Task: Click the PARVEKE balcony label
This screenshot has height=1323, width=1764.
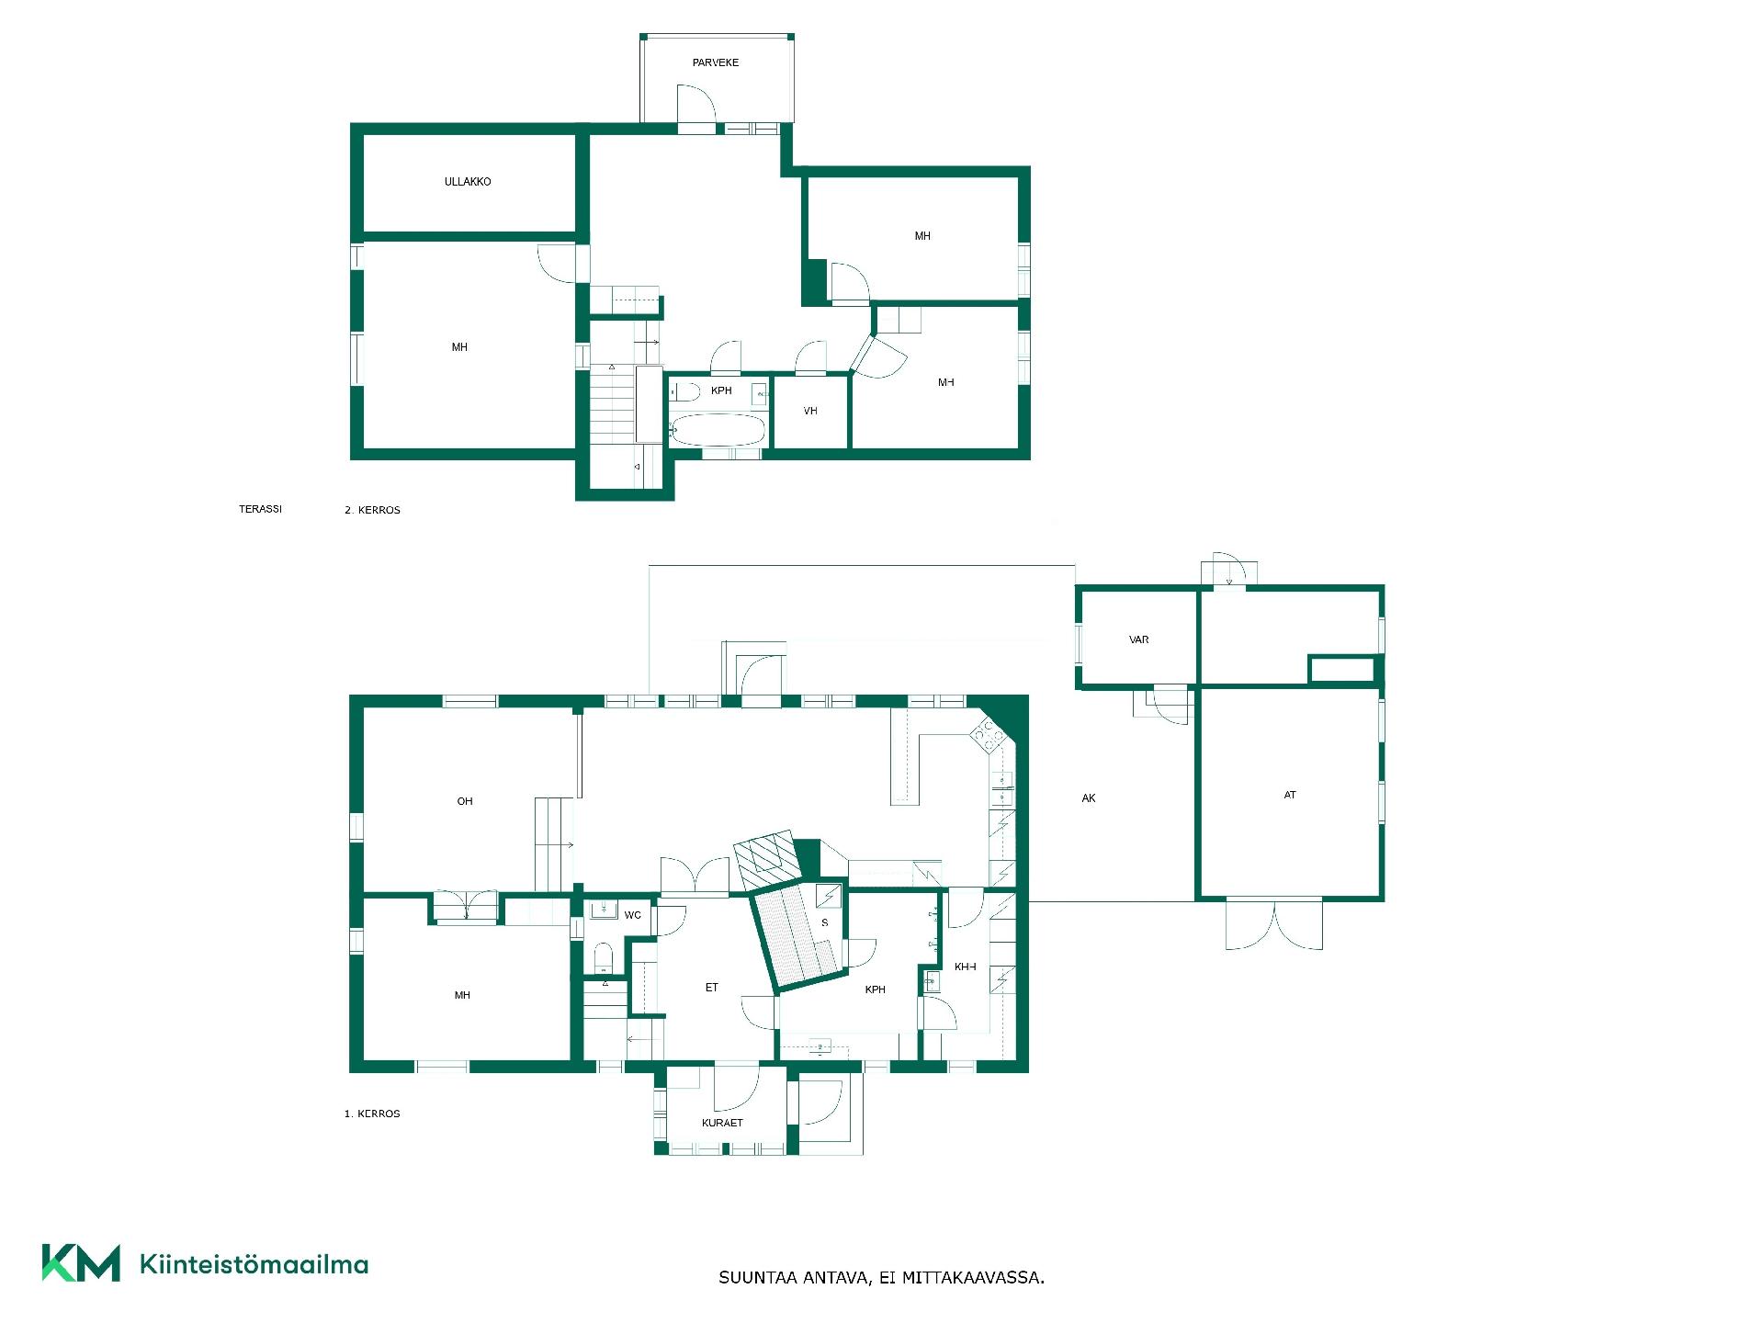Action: (716, 62)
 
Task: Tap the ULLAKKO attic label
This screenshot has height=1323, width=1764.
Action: (468, 182)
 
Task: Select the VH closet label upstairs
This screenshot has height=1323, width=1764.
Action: (810, 411)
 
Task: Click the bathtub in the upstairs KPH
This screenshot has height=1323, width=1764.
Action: (718, 429)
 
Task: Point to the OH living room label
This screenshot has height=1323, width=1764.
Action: (465, 801)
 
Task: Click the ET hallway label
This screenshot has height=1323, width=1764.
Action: (711, 988)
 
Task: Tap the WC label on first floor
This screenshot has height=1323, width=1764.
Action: (632, 915)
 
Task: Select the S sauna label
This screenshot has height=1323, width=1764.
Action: (824, 922)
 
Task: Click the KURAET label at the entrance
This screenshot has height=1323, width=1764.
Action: (722, 1123)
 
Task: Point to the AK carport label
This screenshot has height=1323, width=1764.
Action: (1089, 798)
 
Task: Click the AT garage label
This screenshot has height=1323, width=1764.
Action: (1290, 795)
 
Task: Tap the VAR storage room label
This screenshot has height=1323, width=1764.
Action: (1139, 639)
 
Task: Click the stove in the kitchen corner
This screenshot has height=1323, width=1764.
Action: (988, 736)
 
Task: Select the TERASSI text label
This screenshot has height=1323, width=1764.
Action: (260, 508)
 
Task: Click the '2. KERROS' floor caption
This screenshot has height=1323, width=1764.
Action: (372, 510)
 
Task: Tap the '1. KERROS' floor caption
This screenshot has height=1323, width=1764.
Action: (372, 1114)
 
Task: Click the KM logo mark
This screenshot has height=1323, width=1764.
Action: (81, 1262)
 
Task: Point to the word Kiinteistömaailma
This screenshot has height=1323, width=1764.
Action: (254, 1264)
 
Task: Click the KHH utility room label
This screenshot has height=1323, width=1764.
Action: (966, 967)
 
